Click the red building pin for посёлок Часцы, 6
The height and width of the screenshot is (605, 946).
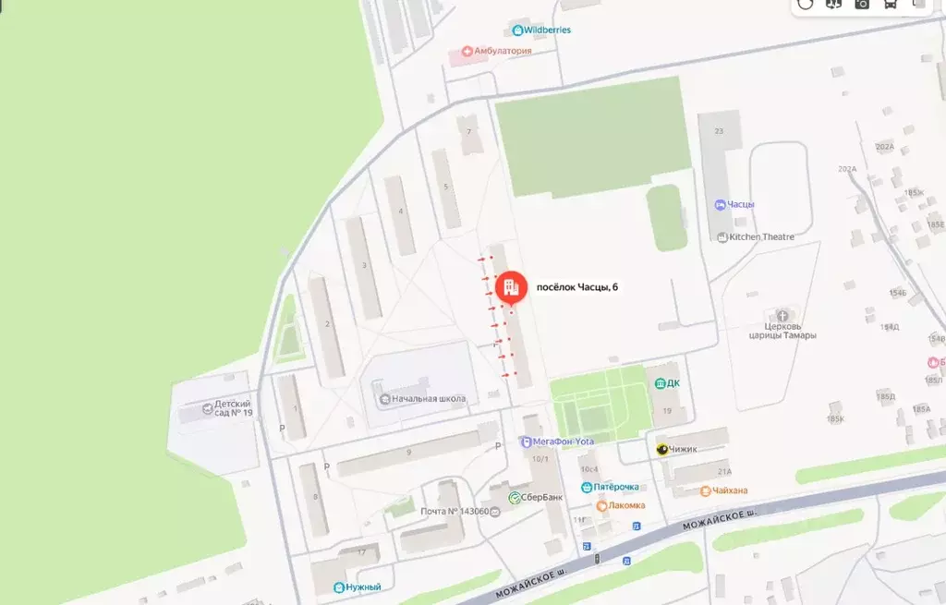[x=509, y=287]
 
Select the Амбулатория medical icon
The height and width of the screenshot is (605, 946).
[x=467, y=51]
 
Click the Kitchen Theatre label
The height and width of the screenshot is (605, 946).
[x=761, y=237]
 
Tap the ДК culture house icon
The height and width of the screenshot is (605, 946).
[x=660, y=383]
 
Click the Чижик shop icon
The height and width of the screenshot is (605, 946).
[x=662, y=450]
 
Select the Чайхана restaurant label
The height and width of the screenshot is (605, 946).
[x=730, y=490]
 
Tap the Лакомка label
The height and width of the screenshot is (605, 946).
[x=625, y=506]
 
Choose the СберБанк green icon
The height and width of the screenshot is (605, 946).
[x=515, y=498]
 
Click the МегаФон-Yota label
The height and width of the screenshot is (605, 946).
[x=563, y=442]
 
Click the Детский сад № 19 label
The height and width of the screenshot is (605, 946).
[x=233, y=407]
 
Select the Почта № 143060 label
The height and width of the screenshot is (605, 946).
[x=453, y=512]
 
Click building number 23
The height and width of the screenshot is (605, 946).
[x=719, y=132]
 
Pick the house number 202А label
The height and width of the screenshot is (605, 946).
[x=885, y=147]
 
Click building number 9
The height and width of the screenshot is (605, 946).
[x=408, y=453]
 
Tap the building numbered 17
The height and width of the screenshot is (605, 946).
[x=361, y=553]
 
